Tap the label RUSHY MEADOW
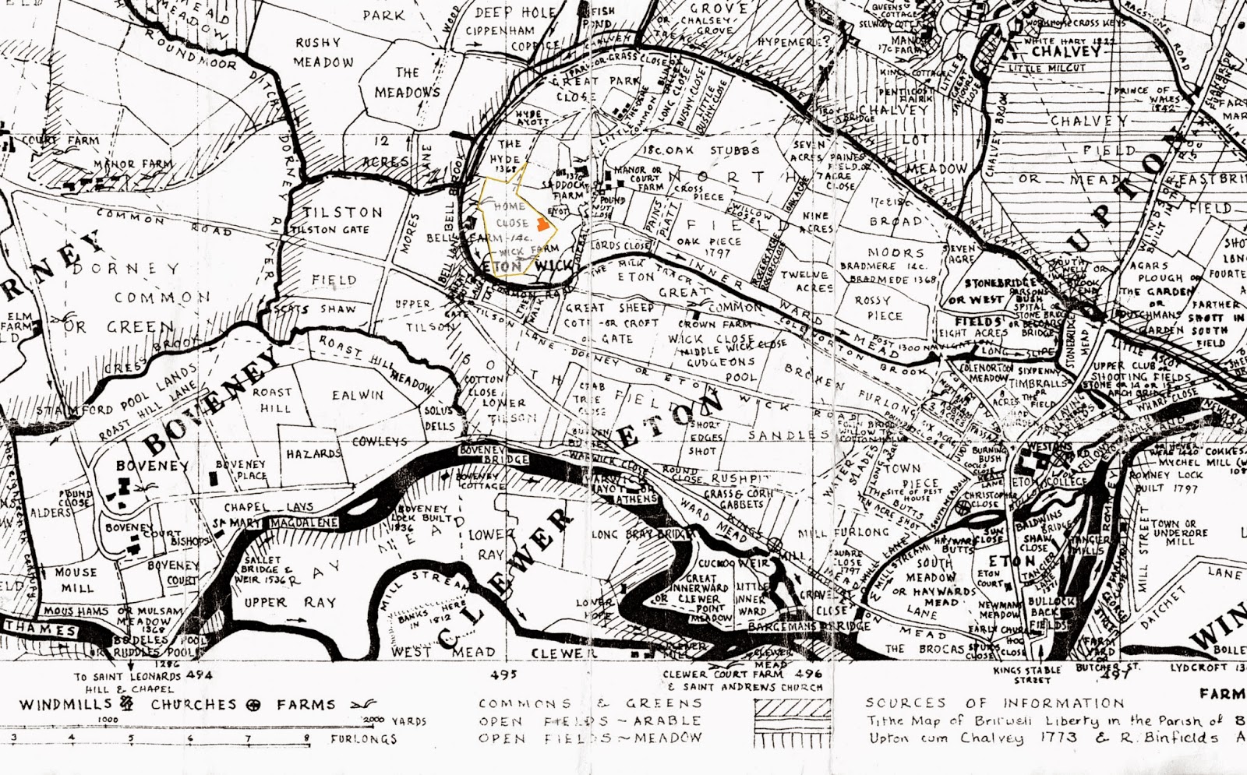[323, 52]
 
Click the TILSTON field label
[343, 212]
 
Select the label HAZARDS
[313, 453]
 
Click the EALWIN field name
[358, 395]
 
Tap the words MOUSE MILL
[76, 580]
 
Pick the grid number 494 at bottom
[198, 675]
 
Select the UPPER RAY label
[279, 602]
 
